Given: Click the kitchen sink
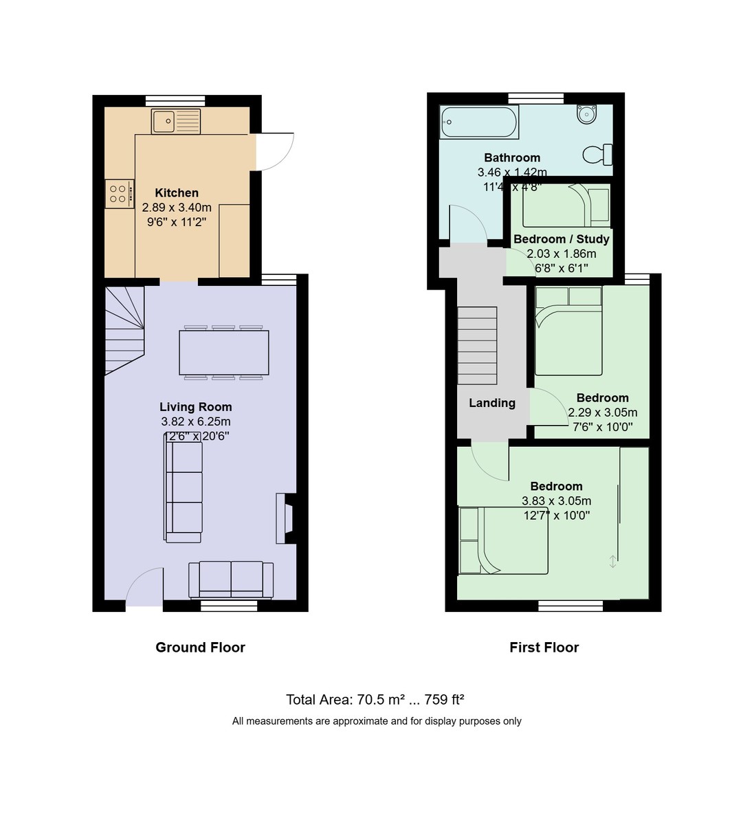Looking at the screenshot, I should (176, 122).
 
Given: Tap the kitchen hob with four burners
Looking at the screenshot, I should (118, 194).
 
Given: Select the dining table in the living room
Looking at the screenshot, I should (223, 353).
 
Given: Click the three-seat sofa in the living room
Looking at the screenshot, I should (184, 492).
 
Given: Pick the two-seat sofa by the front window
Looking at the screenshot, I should (231, 579).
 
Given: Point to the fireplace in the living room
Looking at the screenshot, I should (285, 519).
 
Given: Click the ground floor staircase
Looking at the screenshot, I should (124, 330).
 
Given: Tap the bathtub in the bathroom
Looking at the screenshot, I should (478, 122).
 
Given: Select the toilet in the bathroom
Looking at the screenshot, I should (597, 155).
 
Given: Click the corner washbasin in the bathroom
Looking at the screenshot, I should (586, 114).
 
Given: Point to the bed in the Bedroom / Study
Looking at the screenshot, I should (566, 205).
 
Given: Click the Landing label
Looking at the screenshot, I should (491, 404).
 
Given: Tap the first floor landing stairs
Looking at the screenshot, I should (477, 345).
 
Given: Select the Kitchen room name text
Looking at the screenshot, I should (177, 193).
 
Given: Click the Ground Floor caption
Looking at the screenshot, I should (200, 647).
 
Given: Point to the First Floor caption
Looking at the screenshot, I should (544, 647).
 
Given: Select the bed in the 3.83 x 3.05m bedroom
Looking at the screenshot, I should (503, 540).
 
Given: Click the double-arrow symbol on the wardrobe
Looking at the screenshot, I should (612, 562).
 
